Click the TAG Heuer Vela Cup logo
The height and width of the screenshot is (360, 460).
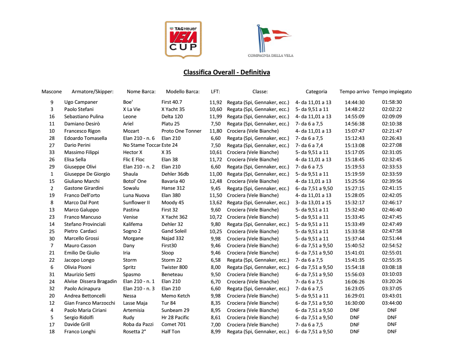pos(183,39)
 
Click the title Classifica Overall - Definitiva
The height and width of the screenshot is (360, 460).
pos(226,72)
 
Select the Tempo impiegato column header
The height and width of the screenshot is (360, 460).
pos(392,92)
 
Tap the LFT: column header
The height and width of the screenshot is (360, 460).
pos(215,92)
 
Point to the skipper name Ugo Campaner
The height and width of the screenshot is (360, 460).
pos(81,102)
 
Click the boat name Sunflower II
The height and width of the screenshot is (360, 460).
pos(136,203)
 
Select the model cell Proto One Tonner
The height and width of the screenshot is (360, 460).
pos(181,131)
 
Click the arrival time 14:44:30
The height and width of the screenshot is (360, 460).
pos(355,102)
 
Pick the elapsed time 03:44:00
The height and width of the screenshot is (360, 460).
pos(392,303)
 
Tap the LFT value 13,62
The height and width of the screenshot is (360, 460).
pos(216,203)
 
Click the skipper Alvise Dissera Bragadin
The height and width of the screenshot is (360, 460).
pos(90,282)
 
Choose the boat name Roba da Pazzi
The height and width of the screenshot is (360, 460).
pos(138,325)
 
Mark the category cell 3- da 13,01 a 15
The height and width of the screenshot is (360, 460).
pos(313,203)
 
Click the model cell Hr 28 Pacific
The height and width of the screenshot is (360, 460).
pos(175,318)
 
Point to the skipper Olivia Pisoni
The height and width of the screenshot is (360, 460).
pos(78,267)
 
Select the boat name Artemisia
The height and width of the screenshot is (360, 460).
pos(134,310)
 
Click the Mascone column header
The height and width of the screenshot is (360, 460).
pos(52,92)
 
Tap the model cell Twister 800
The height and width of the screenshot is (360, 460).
pos(174,267)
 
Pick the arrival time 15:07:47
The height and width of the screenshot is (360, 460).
pos(355,131)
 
